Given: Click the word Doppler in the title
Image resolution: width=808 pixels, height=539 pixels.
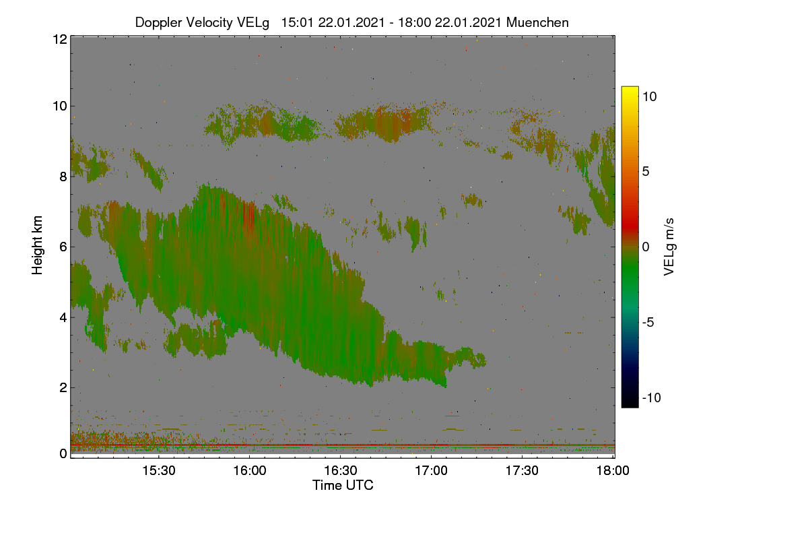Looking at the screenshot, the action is (x=159, y=23).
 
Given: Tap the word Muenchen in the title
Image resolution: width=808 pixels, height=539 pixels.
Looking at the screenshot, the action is (x=537, y=22).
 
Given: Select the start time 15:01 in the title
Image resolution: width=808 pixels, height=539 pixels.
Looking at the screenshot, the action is (x=298, y=22).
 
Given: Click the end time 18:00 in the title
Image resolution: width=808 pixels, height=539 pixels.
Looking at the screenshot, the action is (x=415, y=22).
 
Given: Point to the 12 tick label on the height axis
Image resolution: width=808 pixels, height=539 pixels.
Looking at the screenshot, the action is (x=60, y=39).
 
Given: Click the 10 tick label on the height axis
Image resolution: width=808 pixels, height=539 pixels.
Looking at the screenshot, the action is (x=60, y=106).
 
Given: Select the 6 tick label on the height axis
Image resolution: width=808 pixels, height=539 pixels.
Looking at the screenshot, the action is (x=63, y=247).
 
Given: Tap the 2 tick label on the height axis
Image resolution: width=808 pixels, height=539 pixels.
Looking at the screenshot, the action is (x=63, y=387).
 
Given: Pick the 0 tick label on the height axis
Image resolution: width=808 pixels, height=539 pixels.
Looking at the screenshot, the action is (x=63, y=453).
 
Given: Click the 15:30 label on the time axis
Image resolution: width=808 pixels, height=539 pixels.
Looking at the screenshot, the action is (x=159, y=470).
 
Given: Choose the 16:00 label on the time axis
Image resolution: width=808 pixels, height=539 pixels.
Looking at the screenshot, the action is (x=250, y=470).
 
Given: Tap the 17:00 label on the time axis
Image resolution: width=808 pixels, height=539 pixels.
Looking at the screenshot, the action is (x=431, y=470).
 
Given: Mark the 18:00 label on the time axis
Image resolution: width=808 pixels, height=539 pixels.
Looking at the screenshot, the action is (x=613, y=470).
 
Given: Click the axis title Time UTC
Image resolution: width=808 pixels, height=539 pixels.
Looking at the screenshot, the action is (x=343, y=485).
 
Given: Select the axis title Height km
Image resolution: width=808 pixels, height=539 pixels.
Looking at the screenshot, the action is (x=37, y=245).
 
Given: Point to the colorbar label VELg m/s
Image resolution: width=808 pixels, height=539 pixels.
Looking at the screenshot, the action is (x=669, y=247).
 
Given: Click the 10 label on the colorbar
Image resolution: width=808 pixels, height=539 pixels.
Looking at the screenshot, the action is (x=649, y=97).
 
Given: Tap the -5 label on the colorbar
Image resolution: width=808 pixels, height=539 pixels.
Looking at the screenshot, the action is (x=648, y=322).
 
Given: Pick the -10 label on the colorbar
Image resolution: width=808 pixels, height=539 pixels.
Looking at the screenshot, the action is (x=652, y=398).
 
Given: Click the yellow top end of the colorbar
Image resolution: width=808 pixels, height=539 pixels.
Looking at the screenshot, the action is (x=630, y=88).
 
